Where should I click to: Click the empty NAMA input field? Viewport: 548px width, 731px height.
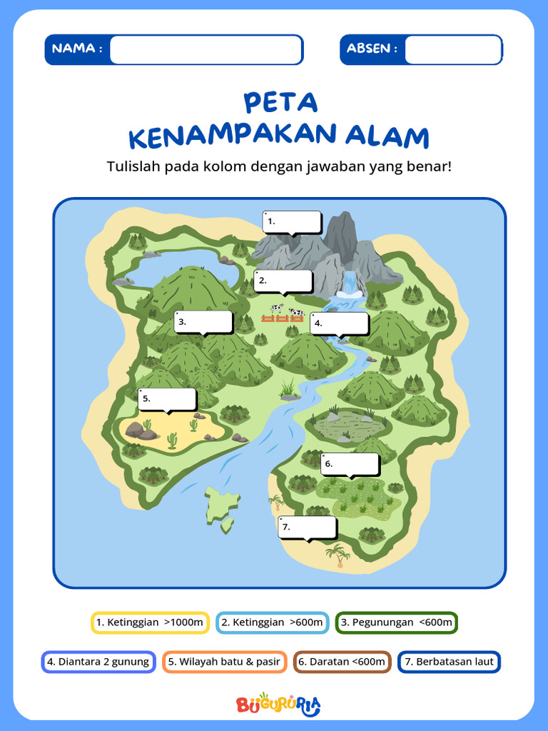pos(206,50)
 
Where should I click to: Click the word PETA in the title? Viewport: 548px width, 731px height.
pos(280,103)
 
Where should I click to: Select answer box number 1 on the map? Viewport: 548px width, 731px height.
pos(293,222)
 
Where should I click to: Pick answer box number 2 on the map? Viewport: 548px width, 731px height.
pos(283,281)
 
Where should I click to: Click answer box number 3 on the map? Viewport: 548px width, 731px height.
pos(203,322)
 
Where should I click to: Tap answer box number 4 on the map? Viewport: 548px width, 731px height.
pos(339,323)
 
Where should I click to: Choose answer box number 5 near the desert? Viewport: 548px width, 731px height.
pos(168,399)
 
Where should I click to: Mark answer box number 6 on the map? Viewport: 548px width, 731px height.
pos(350,464)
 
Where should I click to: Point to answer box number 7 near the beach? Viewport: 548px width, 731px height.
pos(307,527)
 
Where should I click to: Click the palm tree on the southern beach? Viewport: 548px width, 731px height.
pos(338,554)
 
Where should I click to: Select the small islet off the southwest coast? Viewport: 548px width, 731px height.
pos(222,505)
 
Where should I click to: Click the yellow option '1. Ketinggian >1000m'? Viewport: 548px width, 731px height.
pos(150,622)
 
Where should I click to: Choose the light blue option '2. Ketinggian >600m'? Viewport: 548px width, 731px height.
pos(272,622)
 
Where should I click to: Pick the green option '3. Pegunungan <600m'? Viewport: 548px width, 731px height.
pos(397,622)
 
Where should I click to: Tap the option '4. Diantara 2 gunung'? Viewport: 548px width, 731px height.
pos(98,662)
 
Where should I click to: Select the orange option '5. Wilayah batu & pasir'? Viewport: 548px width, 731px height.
pos(224,662)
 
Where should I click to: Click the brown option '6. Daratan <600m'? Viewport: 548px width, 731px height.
pos(342,662)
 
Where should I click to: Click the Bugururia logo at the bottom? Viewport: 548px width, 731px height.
pos(278,705)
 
